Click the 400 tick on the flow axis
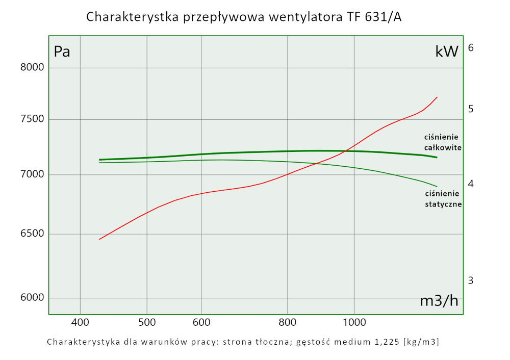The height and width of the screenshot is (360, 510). coord(80,322)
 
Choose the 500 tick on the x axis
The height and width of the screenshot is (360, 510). coord(147,322)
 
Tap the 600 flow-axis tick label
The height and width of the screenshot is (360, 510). coord(201,322)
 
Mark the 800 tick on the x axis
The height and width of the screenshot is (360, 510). coord(288,322)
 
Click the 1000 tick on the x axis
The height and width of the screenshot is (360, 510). coord(353,322)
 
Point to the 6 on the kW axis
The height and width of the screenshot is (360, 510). coord(471,47)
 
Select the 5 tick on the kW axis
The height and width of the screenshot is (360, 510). coord(471,109)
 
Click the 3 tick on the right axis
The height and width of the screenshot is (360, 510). coord(471,280)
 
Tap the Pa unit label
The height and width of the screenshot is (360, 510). coord(62,52)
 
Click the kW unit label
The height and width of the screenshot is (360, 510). coord(447,51)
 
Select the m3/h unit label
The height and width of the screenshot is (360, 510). coord(439,301)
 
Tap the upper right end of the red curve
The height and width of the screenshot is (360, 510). coord(437,97)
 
